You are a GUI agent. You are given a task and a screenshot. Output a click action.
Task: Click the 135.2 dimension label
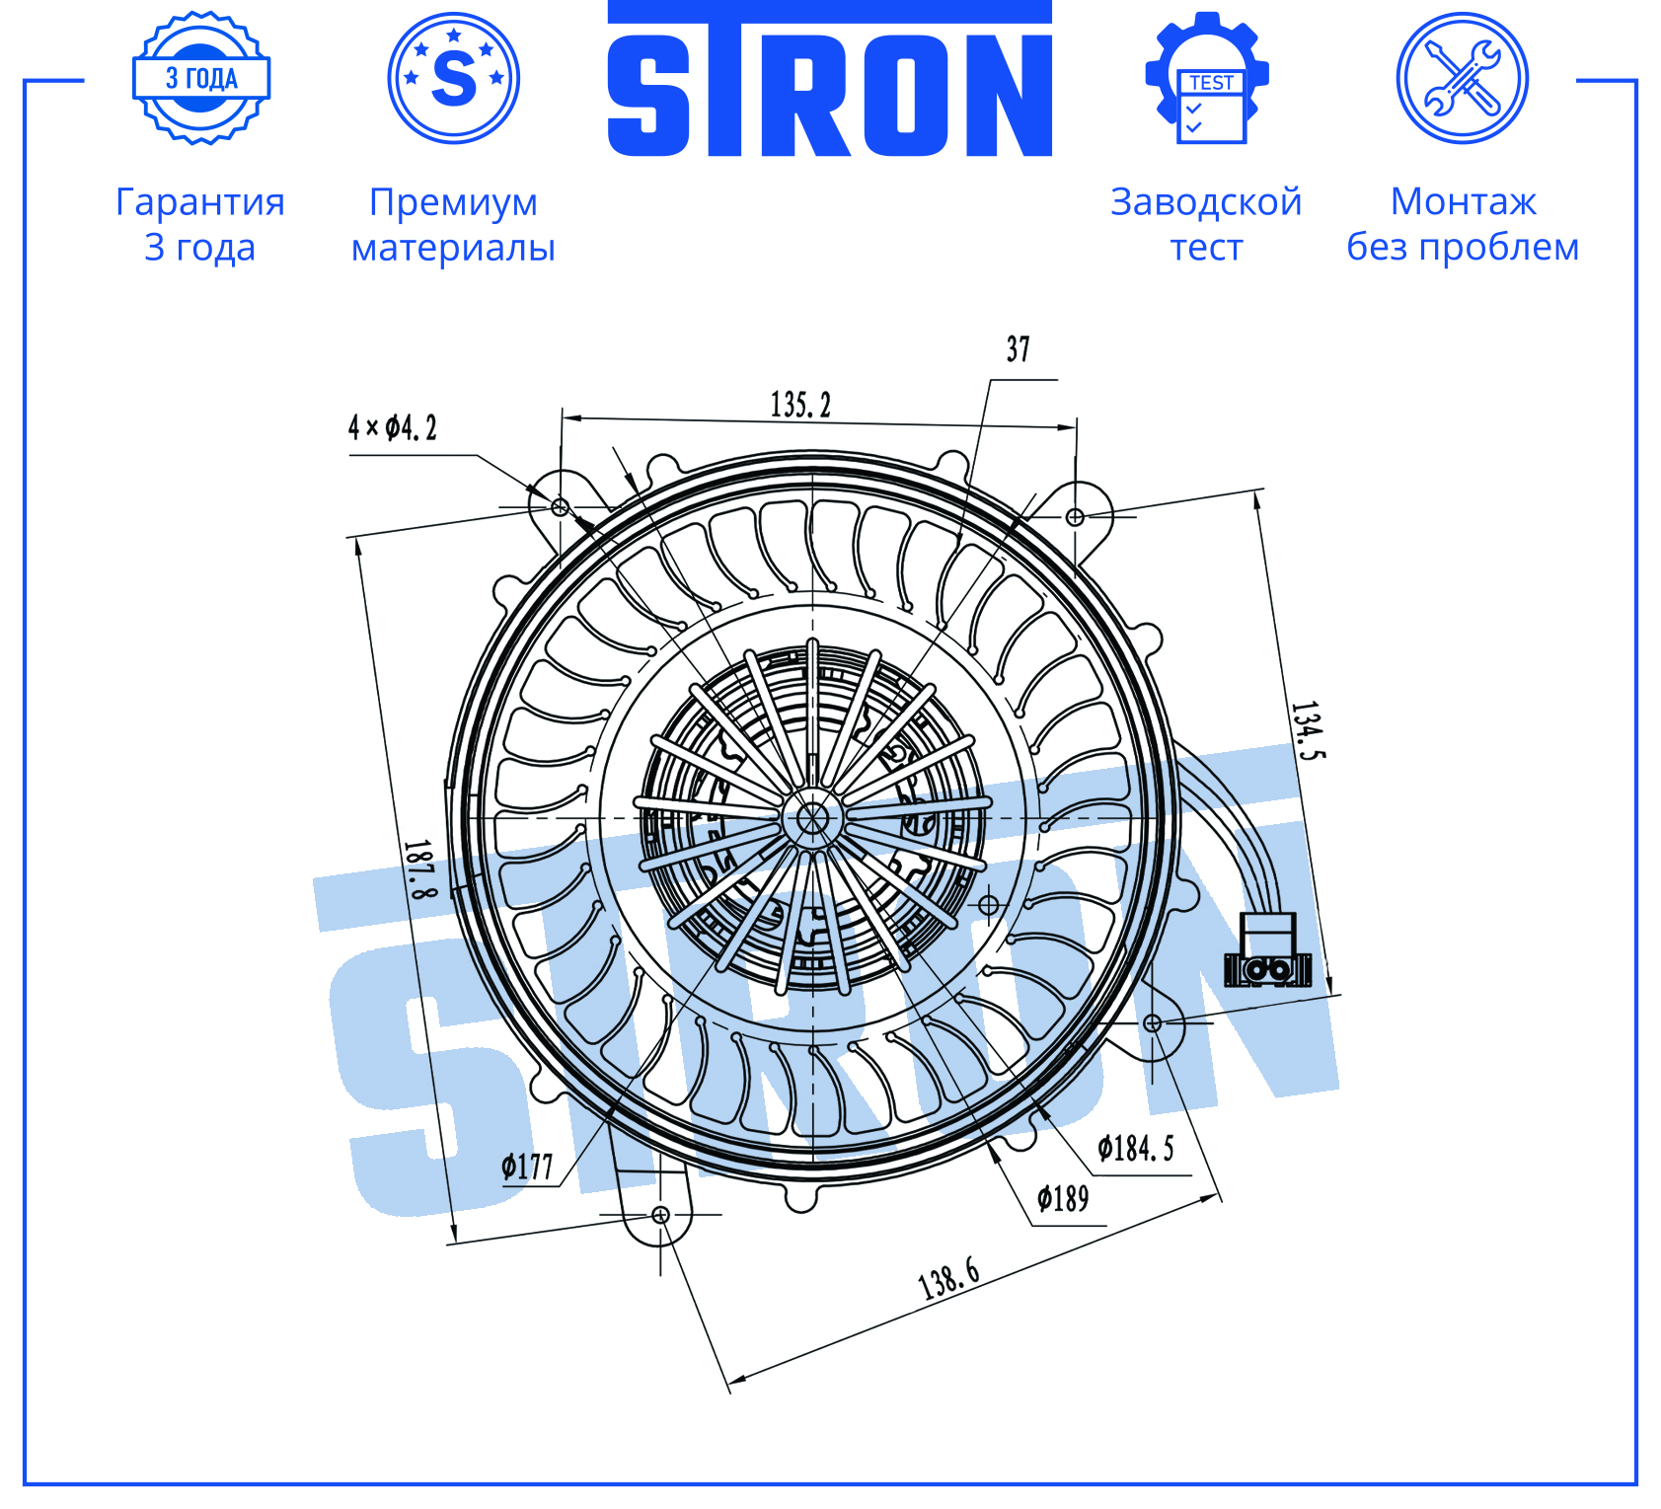[x=800, y=405]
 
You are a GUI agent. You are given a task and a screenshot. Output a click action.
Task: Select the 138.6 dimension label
[x=949, y=1279]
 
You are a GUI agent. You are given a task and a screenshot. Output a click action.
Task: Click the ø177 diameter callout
[x=527, y=1168]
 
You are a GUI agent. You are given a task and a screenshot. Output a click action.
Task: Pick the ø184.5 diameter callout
[x=1136, y=1148]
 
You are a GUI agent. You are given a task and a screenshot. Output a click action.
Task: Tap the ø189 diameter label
[x=1063, y=1198]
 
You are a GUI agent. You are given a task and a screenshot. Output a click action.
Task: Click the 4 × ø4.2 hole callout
[x=392, y=427]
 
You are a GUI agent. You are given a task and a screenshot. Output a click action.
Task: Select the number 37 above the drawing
[x=1018, y=349]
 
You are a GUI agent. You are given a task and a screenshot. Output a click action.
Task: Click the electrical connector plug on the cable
[x=1267, y=950]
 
